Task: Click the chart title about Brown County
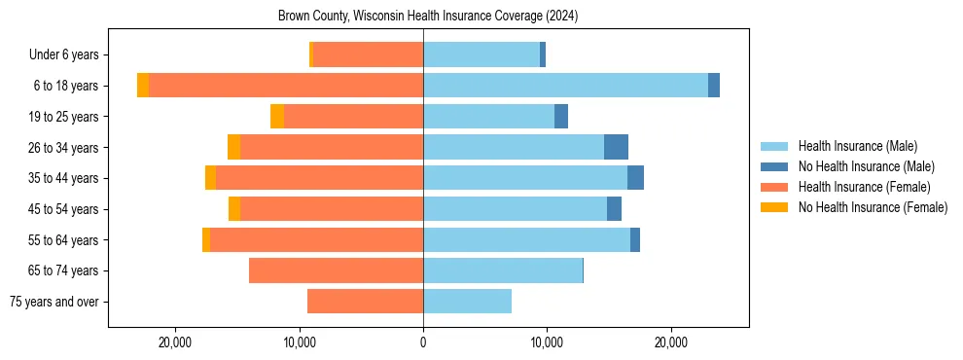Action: click(x=428, y=17)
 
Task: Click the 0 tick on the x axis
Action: click(x=423, y=342)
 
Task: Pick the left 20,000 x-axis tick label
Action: click(x=176, y=342)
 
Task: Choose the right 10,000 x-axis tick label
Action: click(x=547, y=342)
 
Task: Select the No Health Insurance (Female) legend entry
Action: click(x=873, y=207)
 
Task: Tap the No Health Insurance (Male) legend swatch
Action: click(x=774, y=166)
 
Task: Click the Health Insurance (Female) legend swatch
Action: click(x=774, y=187)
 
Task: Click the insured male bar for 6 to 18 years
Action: click(x=565, y=86)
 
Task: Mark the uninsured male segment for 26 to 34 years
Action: click(x=616, y=147)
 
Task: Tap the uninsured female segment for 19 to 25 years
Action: click(x=277, y=117)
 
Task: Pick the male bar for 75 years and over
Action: click(x=467, y=302)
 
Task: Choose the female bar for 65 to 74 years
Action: click(x=336, y=270)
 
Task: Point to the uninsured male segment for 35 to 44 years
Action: click(x=635, y=178)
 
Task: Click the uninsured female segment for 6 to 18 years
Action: click(x=143, y=86)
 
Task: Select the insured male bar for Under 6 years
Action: click(x=481, y=54)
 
